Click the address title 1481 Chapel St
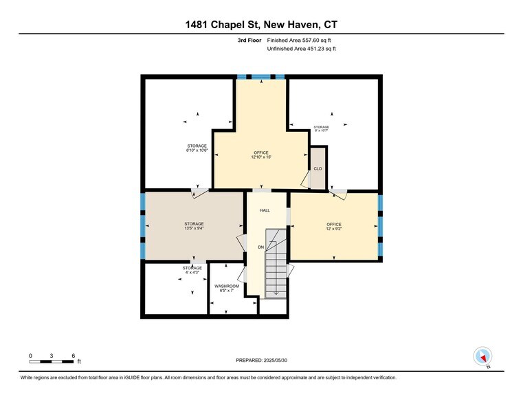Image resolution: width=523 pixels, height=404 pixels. (x=261, y=25)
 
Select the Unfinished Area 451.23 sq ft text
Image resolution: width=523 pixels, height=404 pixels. (x=301, y=49)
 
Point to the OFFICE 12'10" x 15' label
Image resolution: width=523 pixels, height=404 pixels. (x=260, y=155)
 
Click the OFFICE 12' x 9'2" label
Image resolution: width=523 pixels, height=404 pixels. (x=334, y=227)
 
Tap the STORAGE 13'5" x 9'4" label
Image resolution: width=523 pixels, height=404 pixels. (x=194, y=226)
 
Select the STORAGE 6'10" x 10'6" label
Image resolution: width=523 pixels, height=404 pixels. (x=197, y=148)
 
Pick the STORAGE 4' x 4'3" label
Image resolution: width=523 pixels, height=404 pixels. (x=192, y=270)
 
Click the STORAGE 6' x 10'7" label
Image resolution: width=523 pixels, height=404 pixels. (x=321, y=128)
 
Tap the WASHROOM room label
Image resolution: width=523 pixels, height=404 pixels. (x=227, y=288)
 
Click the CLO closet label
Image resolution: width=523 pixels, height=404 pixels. (x=318, y=168)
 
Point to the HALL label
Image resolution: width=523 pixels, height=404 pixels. (x=265, y=211)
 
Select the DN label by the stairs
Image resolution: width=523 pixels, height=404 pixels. (x=260, y=247)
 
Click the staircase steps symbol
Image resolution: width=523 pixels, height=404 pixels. (x=276, y=268)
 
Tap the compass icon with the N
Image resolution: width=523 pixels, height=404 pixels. (x=483, y=357)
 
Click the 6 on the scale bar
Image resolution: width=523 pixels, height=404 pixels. (x=73, y=355)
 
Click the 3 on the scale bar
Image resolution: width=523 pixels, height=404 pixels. (x=52, y=355)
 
